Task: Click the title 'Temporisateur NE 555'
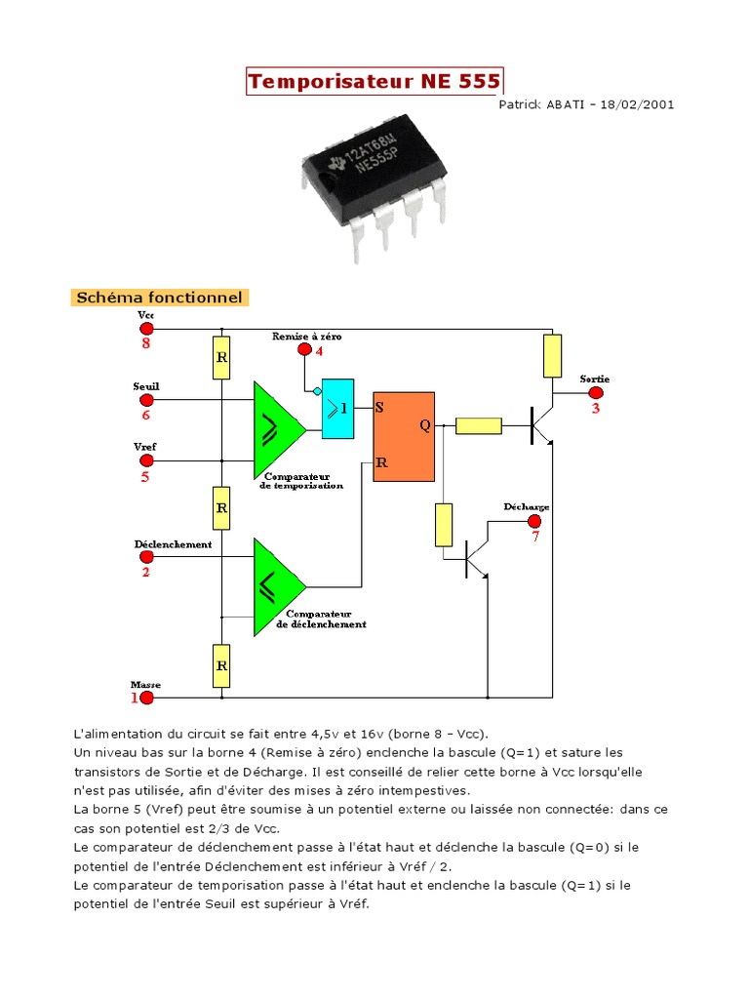coord(374,82)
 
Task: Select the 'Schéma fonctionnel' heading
coord(159,298)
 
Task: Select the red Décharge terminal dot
coord(534,521)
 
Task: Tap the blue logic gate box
coord(337,407)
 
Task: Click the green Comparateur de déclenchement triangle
coord(275,586)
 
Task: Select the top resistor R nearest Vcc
coord(221,358)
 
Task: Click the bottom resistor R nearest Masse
coord(221,666)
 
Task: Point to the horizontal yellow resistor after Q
coord(479,425)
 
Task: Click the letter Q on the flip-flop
coord(424,425)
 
